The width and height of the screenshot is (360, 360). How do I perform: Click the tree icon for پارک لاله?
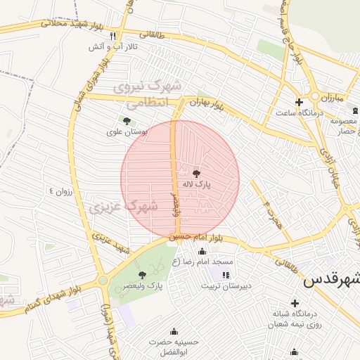pos(196,173)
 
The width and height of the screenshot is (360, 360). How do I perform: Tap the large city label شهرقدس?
pos(331,280)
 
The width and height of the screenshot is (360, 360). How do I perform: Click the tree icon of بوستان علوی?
pos(127,121)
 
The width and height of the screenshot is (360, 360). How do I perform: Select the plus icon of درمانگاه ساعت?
pos(299,102)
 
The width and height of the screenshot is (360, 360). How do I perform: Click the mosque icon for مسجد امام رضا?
pos(202,251)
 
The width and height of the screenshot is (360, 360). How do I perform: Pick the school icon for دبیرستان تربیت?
pos(225,275)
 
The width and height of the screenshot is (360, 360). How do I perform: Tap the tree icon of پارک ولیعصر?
pos(143,275)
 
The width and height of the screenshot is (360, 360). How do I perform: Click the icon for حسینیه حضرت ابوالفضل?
pos(174,331)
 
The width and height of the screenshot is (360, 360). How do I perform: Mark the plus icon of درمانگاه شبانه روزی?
pos(295,302)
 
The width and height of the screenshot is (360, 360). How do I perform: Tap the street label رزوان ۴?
pos(60,190)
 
